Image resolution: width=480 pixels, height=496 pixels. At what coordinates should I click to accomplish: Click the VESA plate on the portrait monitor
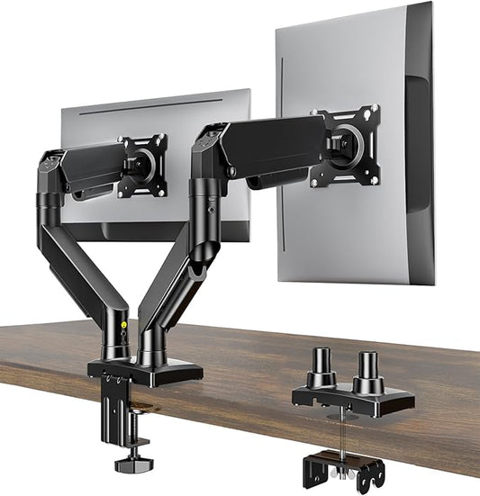pyautogui.click(x=346, y=146)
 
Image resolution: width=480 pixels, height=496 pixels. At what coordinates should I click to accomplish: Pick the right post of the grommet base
pyautogui.click(x=367, y=372)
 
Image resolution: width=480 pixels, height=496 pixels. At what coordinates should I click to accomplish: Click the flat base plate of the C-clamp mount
pyautogui.click(x=144, y=370)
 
